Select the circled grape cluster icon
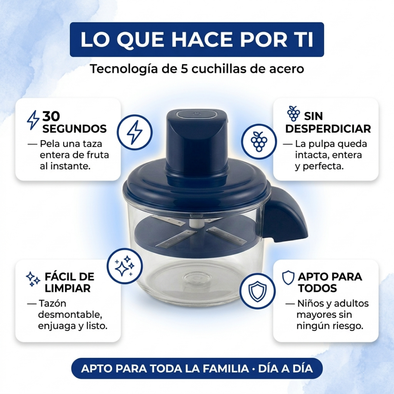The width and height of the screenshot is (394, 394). pyautogui.click(x=259, y=141)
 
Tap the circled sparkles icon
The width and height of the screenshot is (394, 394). pyautogui.click(x=125, y=266)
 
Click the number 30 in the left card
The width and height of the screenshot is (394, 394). pyautogui.click(x=51, y=116)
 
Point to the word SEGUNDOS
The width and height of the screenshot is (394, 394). pyautogui.click(x=74, y=129)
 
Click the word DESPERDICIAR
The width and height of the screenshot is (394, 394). pyautogui.click(x=328, y=129)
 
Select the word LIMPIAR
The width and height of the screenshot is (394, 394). pyautogui.click(x=67, y=288)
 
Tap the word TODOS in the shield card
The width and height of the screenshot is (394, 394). pyautogui.click(x=317, y=288)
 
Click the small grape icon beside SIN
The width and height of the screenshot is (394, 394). pyautogui.click(x=293, y=113)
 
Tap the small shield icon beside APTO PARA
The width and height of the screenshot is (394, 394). pyautogui.click(x=288, y=278)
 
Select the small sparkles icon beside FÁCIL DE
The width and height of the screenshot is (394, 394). pyautogui.click(x=33, y=279)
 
